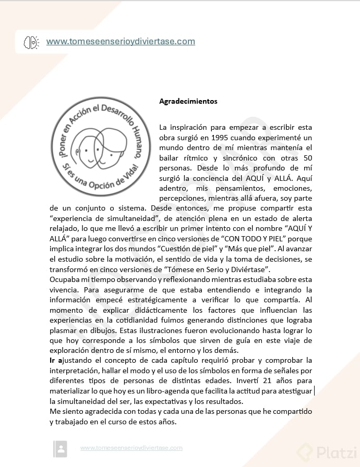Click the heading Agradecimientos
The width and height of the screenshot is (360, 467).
coord(188,101)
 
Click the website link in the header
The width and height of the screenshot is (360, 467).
coord(121,41)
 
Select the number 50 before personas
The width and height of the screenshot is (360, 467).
coord(307,157)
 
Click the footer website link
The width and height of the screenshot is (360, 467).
coord(131,448)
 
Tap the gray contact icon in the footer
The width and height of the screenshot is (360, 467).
coord(61,448)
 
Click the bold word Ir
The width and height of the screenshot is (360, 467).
coord(53,360)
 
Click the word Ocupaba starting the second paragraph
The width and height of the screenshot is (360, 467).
coord(66,279)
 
